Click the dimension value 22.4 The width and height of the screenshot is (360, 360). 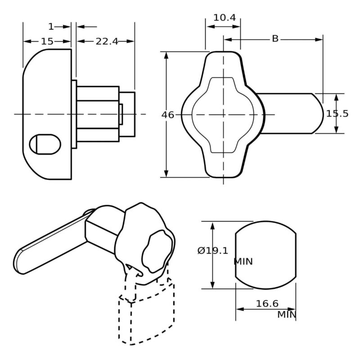107,41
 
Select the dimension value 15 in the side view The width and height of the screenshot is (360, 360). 47,41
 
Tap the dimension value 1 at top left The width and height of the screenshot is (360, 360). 51,27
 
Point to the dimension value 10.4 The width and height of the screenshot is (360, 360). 224,18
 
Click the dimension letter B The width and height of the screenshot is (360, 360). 275,39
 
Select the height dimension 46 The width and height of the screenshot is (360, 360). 168,115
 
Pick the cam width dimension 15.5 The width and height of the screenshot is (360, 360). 337,113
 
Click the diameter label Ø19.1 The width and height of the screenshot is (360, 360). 212,251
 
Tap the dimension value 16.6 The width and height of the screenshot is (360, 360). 267,304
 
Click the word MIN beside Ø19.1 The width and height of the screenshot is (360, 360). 243,261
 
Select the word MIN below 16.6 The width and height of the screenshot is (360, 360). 286,314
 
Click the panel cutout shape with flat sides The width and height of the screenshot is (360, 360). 265,254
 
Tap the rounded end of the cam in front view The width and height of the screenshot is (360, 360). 317,113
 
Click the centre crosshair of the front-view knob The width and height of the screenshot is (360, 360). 223,114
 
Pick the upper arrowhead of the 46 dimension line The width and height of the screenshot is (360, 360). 166,55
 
